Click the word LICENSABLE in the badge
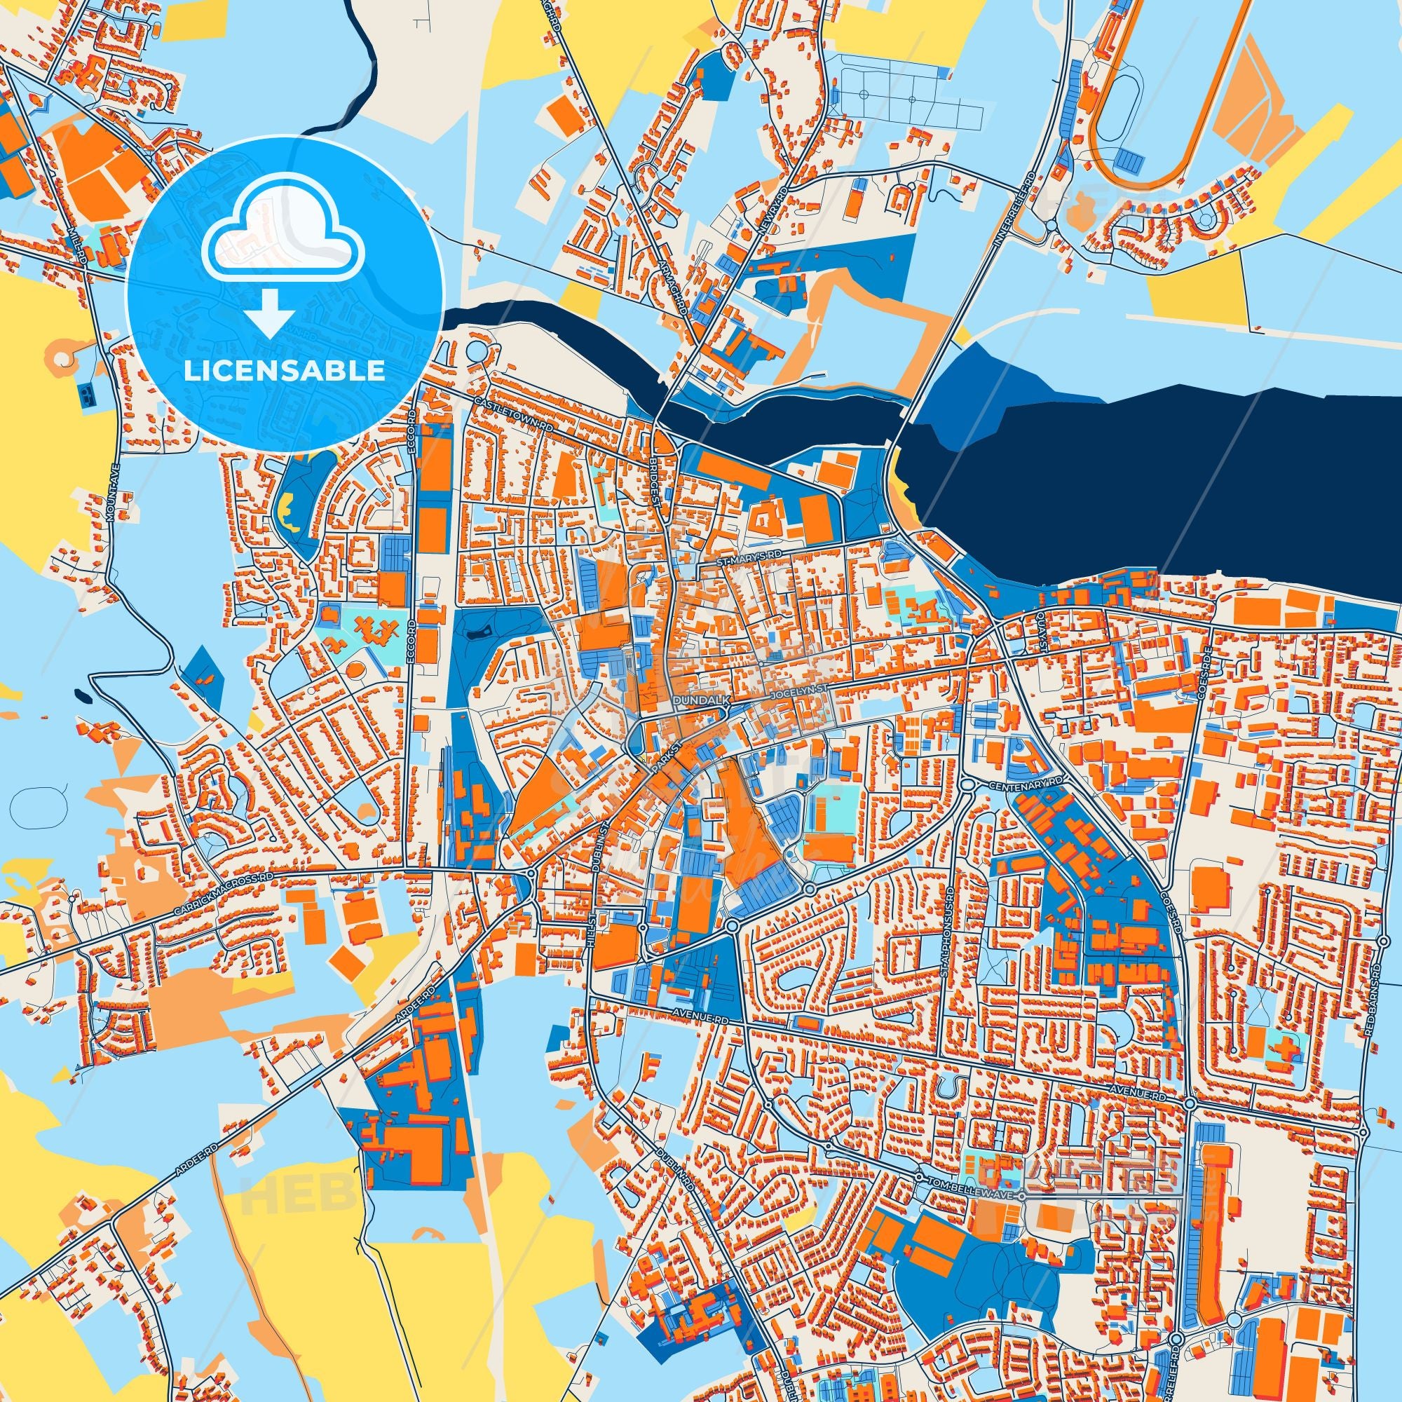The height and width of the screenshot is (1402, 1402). click(285, 371)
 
